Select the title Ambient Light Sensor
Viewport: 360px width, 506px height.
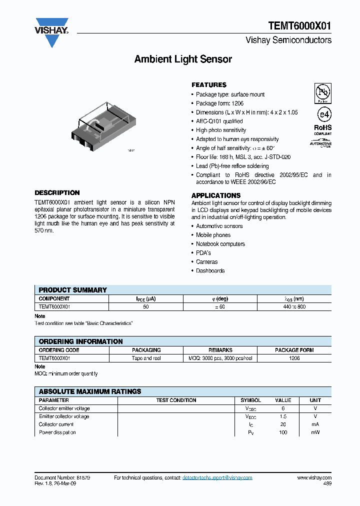point(183,59)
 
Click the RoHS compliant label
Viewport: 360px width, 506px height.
point(322,129)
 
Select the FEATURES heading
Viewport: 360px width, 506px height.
point(209,85)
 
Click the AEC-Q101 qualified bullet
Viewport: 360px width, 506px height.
point(219,121)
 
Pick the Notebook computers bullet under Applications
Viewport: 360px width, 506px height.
point(220,244)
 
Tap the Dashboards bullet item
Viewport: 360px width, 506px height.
point(210,271)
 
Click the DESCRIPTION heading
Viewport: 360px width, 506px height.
point(57,192)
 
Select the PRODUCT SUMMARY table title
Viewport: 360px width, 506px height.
point(73,290)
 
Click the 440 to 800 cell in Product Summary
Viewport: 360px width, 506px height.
point(294,306)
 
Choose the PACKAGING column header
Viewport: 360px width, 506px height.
point(146,350)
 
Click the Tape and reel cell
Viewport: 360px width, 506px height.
point(146,358)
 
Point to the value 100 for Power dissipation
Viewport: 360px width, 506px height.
point(283,432)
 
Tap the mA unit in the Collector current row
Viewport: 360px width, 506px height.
point(315,424)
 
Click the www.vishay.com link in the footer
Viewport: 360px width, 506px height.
point(314,478)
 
